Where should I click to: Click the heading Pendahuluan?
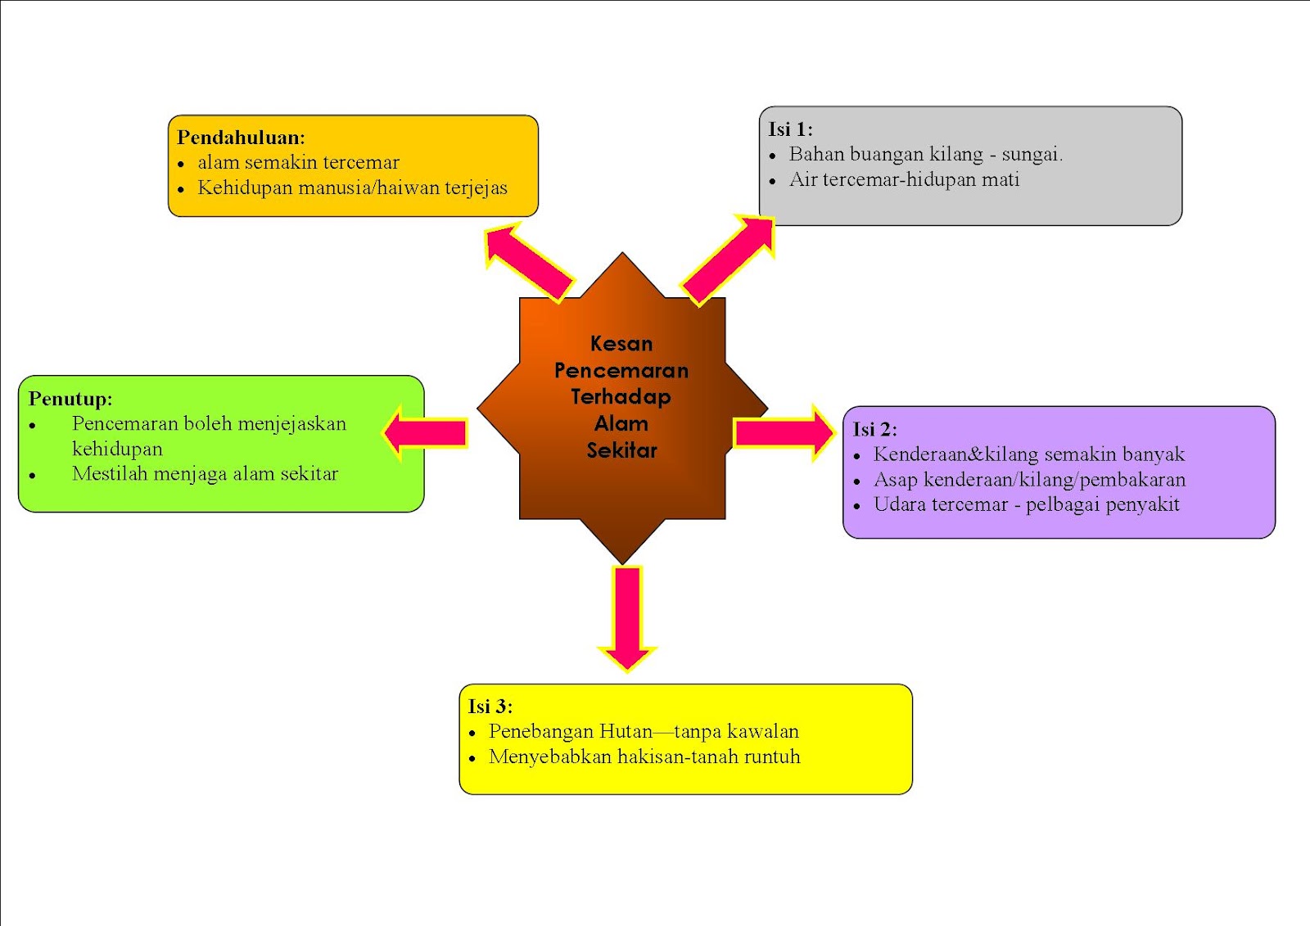point(241,138)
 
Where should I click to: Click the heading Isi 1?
point(790,129)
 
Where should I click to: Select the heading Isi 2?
point(874,430)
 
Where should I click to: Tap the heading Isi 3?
point(490,707)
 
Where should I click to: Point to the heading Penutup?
point(70,399)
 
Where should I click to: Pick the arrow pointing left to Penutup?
point(427,432)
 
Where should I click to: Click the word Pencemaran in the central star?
point(621,371)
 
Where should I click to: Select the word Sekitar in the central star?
point(622,450)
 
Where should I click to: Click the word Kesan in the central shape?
point(621,344)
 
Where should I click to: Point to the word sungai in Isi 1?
point(1031,155)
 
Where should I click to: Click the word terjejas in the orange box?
point(476,188)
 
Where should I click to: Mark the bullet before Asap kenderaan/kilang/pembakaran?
point(856,481)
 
